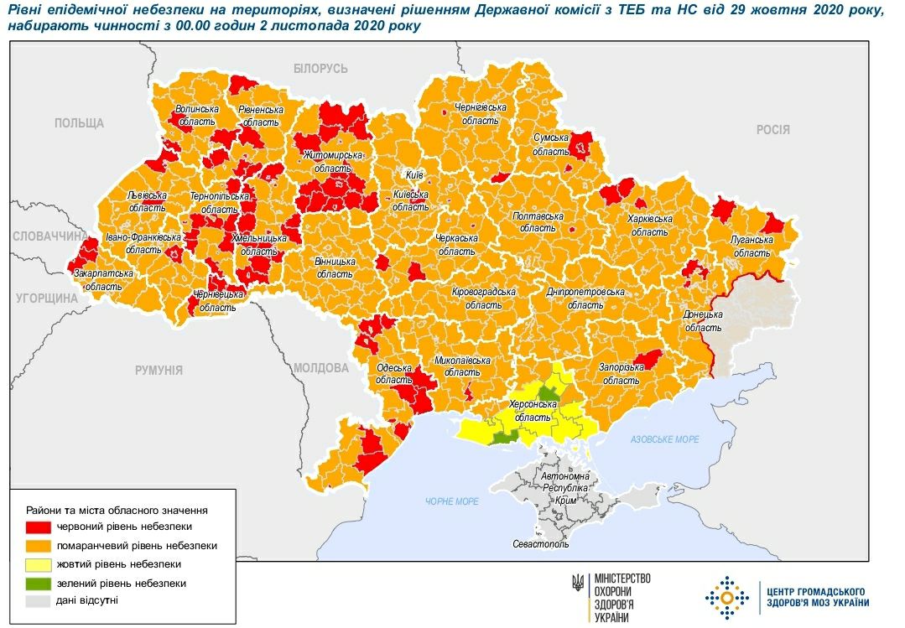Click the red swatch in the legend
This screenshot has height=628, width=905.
click(39, 527)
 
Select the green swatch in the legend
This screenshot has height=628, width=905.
click(39, 583)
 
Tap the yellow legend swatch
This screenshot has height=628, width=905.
click(39, 564)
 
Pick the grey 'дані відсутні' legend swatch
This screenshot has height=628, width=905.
click(39, 601)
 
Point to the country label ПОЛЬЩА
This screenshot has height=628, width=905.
click(79, 123)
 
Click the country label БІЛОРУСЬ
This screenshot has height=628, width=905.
click(320, 69)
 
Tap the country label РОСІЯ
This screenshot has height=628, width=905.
click(772, 129)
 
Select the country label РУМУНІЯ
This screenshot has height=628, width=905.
click(159, 370)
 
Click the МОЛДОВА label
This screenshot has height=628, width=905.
click(320, 368)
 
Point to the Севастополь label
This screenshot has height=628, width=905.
click(540, 544)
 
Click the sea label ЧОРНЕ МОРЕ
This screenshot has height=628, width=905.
click(451, 501)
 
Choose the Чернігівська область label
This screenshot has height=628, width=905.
click(480, 114)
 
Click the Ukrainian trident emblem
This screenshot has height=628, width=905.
click(578, 580)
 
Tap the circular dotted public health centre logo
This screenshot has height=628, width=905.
click(726, 597)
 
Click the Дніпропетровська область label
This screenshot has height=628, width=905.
click(585, 298)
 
